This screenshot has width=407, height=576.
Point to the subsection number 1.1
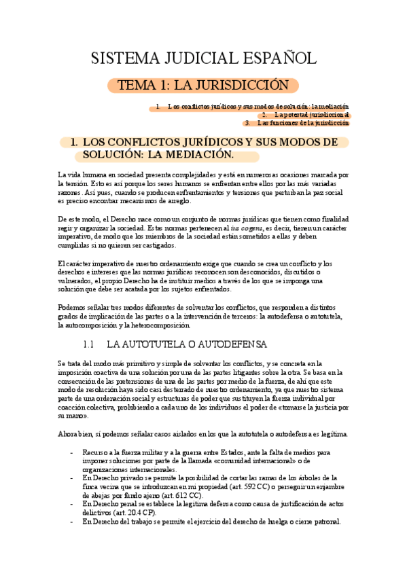click(x=91, y=344)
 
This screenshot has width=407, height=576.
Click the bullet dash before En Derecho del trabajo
click(x=73, y=522)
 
